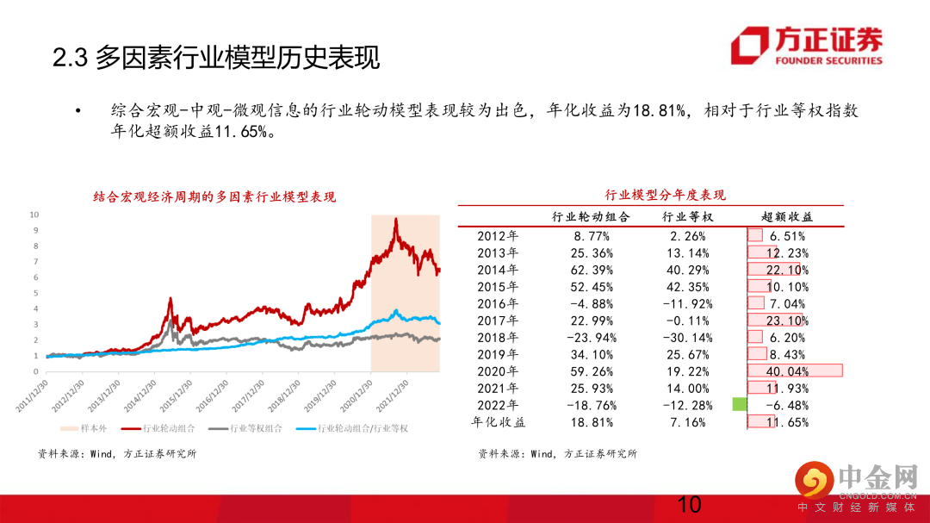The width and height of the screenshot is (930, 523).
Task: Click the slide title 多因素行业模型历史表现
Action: tap(216, 59)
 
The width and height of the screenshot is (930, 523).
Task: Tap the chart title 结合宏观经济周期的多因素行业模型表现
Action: tap(214, 197)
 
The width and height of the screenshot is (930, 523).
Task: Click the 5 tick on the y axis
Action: tap(34, 293)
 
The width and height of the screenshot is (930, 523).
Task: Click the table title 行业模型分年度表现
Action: tap(654, 195)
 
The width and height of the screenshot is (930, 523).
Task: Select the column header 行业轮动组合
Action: tap(591, 217)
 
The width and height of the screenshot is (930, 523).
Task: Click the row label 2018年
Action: tap(498, 337)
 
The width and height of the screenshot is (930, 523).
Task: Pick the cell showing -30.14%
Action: tap(688, 337)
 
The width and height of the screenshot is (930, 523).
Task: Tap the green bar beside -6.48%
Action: tap(739, 404)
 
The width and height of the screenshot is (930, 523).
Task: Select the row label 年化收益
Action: tap(498, 422)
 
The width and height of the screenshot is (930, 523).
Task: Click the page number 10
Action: tap(690, 505)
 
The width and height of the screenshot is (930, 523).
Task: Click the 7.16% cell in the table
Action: tap(688, 422)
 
